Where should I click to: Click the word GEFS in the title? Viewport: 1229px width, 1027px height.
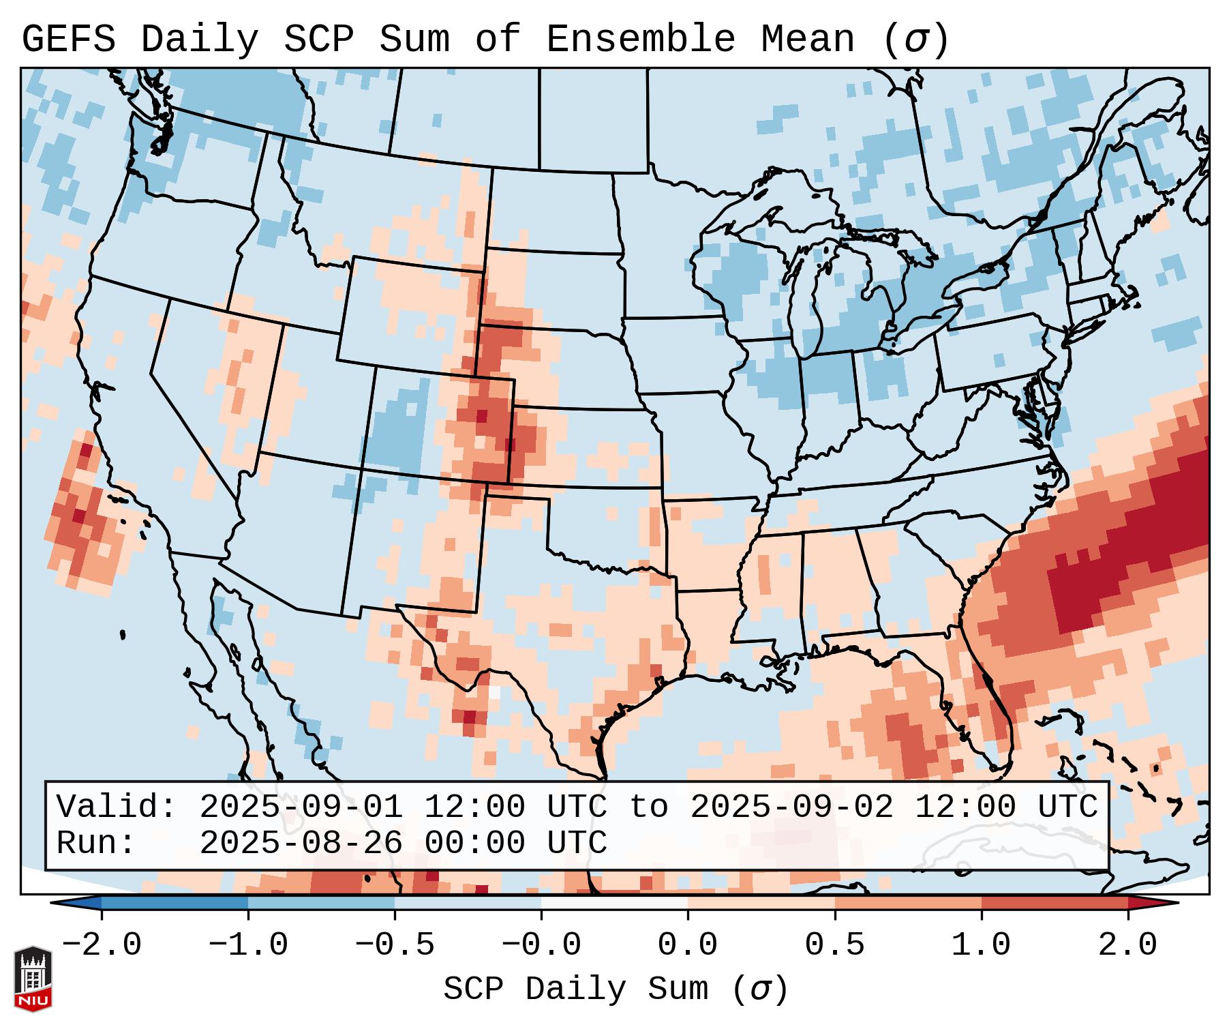tap(68, 39)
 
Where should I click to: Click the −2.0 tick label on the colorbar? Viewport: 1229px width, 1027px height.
tap(102, 945)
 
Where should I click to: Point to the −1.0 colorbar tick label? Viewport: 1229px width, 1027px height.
tap(248, 945)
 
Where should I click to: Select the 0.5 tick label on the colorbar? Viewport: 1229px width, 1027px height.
tap(834, 945)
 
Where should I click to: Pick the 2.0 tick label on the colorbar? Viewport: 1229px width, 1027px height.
tap(1127, 945)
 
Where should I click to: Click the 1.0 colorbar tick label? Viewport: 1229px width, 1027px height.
tap(981, 945)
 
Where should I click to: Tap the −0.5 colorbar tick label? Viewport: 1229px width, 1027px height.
tap(395, 945)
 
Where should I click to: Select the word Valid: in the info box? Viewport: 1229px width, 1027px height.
tap(117, 807)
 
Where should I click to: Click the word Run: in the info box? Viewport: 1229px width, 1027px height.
tap(96, 844)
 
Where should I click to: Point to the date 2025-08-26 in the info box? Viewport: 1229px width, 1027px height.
tap(301, 844)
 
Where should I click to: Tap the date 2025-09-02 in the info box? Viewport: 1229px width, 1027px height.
tap(791, 807)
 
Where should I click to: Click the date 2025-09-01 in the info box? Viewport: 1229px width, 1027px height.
tap(301, 807)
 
